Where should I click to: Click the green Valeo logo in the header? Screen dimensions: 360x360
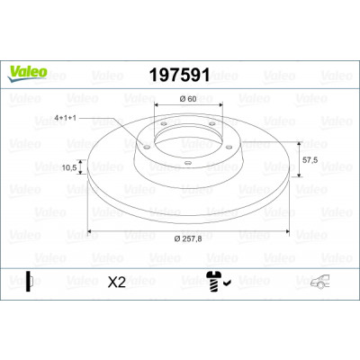28,73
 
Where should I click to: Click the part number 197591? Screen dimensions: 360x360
179,75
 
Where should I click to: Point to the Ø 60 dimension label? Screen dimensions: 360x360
188,99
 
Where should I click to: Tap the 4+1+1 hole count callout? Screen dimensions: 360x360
65,118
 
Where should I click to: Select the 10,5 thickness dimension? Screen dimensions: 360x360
69,167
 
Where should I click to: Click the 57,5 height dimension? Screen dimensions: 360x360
310,160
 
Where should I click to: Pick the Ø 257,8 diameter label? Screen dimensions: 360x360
188,238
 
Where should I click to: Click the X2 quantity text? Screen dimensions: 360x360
117,282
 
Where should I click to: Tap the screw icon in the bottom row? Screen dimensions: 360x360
213,282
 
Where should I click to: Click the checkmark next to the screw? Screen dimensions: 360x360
227,283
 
